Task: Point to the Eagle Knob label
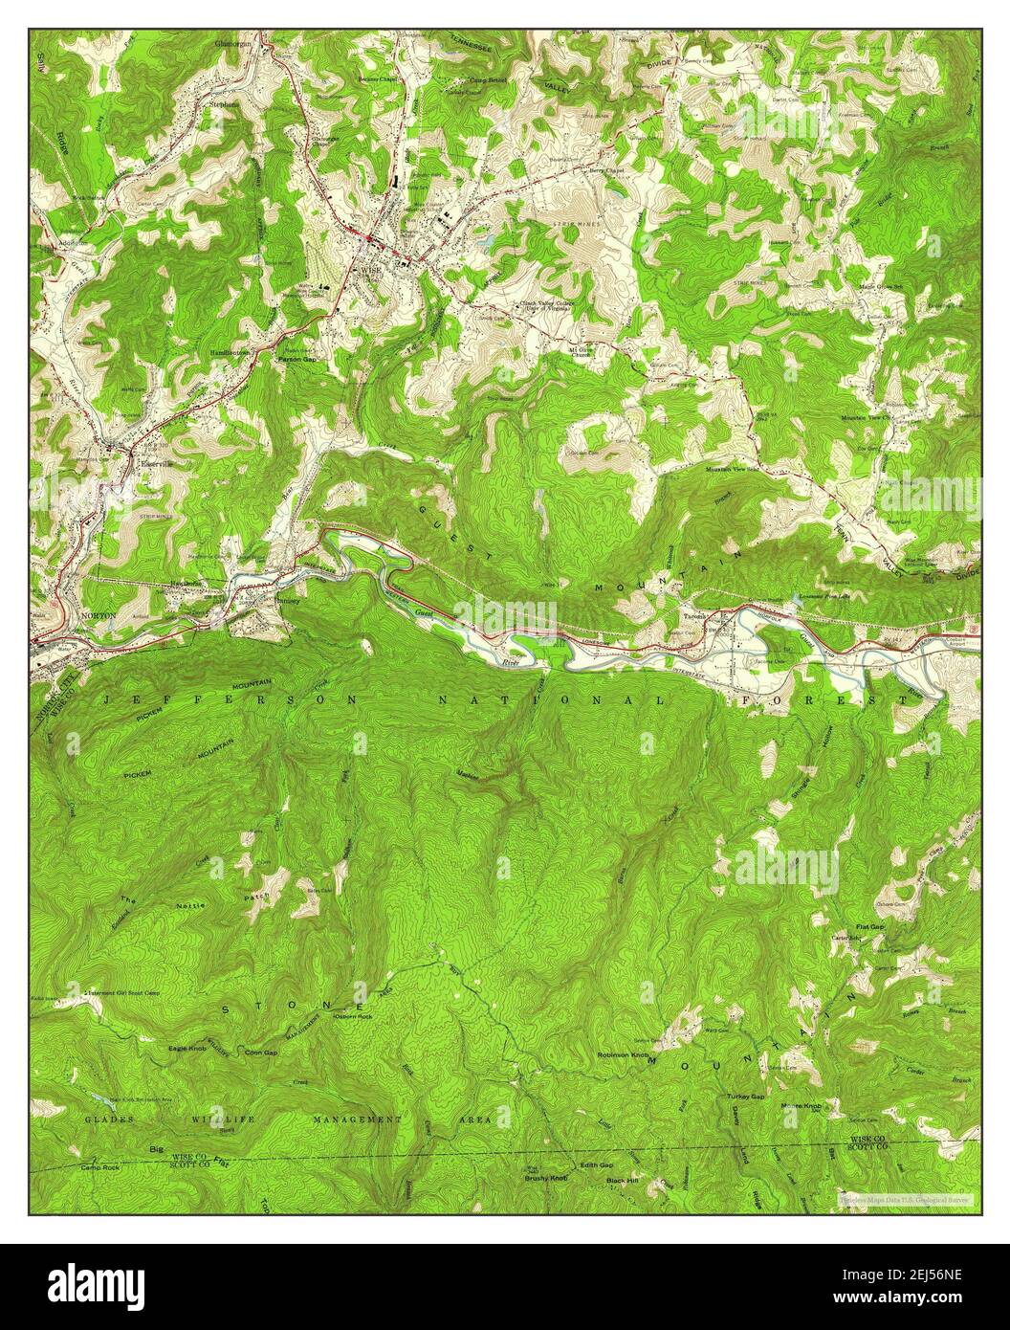pyautogui.click(x=189, y=1049)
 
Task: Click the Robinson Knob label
pyautogui.click(x=623, y=1054)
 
